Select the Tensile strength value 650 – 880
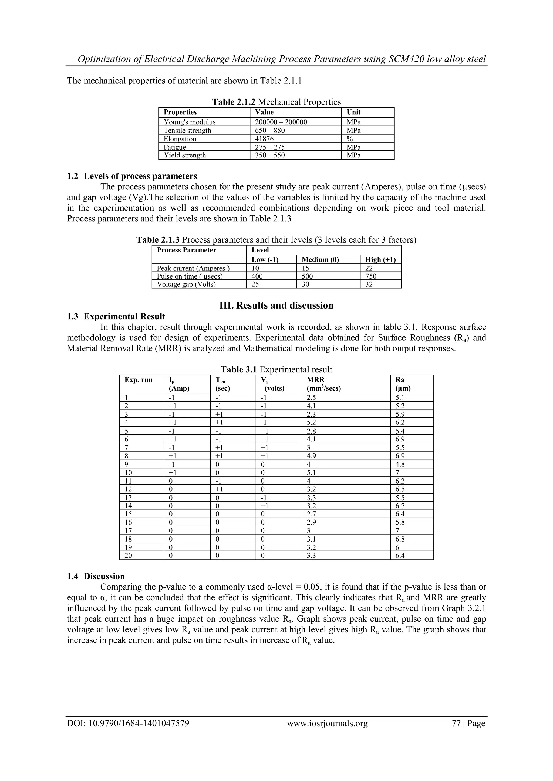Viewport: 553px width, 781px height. (x=270, y=130)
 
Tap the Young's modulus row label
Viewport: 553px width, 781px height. (x=189, y=122)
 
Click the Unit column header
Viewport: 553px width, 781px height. (x=353, y=112)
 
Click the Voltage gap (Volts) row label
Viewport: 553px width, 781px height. (x=186, y=284)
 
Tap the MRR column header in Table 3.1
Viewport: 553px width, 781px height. (x=316, y=380)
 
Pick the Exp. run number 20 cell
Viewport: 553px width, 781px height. (x=128, y=556)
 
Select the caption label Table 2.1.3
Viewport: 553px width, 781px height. (x=158, y=240)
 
